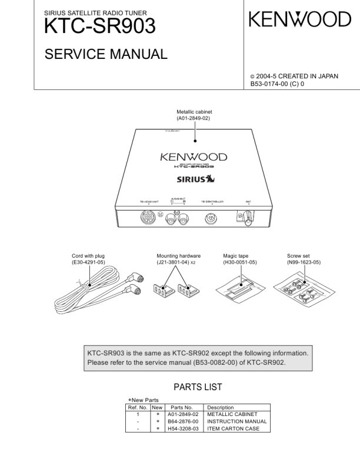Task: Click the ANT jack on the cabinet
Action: coord(248,217)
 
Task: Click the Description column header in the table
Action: coord(219,407)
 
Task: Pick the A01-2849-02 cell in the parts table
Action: coord(182,414)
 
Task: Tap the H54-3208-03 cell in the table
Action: coord(182,428)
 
